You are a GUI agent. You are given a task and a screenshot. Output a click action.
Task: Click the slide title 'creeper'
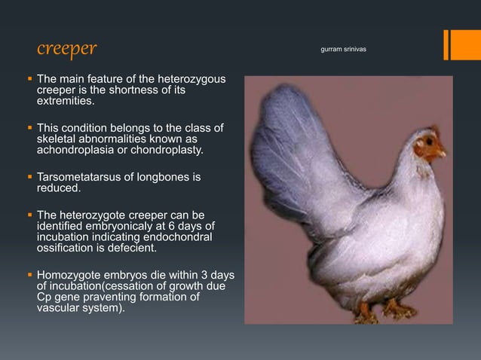click(x=67, y=49)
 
